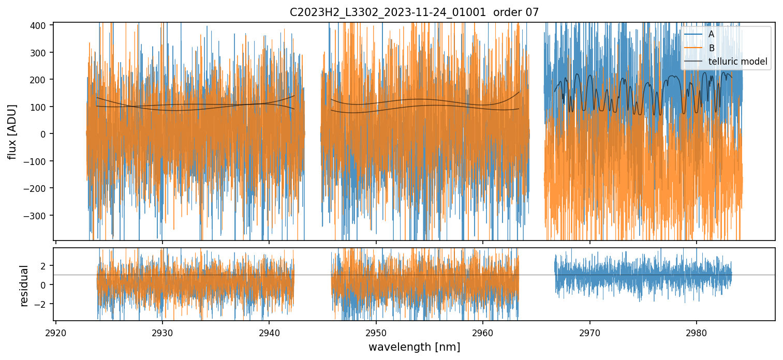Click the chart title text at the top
(413, 12)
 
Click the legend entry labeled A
(711, 34)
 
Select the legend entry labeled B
(711, 48)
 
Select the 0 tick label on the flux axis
(46, 134)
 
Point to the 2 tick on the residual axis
(45, 265)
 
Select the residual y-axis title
(24, 286)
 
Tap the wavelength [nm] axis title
(413, 347)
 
